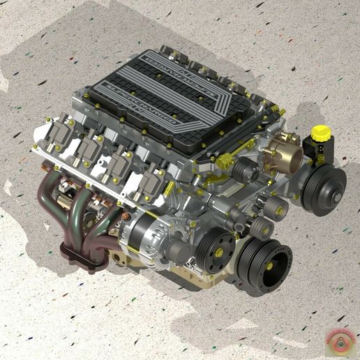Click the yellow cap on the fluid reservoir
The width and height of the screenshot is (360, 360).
coord(320,131)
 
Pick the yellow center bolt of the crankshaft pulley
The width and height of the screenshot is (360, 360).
coord(263,264)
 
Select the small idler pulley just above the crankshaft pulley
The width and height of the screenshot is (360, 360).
coord(263,227)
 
